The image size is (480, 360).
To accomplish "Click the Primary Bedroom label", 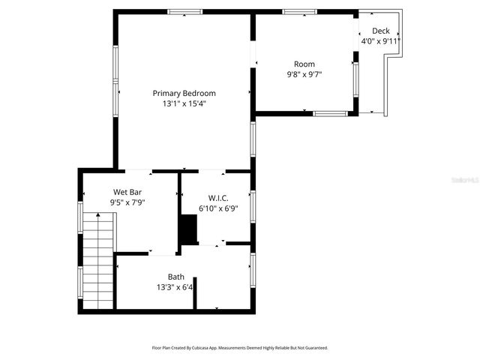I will (x=184, y=93).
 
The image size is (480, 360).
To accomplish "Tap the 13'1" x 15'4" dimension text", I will (x=184, y=104).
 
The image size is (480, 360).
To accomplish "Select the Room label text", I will (x=304, y=64).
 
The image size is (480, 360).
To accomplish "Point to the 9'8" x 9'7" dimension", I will (x=304, y=74).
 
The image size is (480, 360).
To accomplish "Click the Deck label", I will (x=381, y=31).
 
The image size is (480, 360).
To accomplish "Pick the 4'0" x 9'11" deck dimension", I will (x=381, y=41).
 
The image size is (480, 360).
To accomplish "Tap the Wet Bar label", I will (x=127, y=192).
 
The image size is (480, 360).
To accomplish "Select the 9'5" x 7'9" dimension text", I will (x=127, y=202).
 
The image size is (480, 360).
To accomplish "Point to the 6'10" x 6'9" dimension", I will (x=218, y=208).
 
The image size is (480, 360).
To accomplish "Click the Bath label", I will (x=175, y=277).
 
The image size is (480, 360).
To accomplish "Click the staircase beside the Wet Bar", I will (x=98, y=259).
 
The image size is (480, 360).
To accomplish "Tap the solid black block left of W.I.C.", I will (x=188, y=229).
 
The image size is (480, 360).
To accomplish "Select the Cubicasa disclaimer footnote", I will (x=240, y=348).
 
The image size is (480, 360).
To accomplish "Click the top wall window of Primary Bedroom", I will (x=184, y=12).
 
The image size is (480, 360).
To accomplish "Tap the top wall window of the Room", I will (x=299, y=12).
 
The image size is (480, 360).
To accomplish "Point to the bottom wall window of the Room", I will (x=329, y=113).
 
